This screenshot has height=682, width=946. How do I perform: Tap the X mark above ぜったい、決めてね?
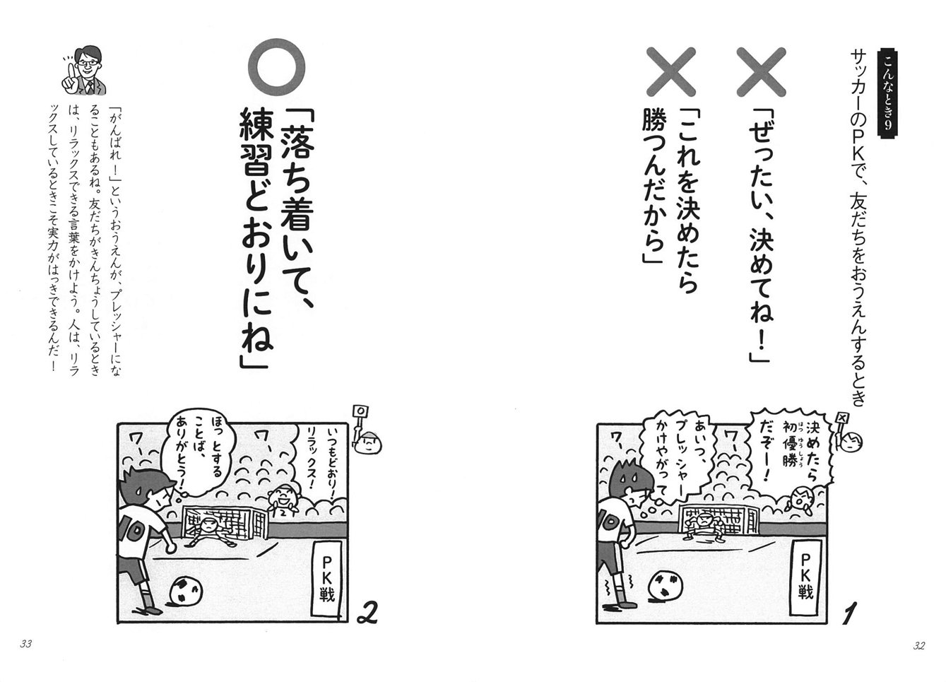[762, 72]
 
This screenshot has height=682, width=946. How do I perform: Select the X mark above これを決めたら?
[672, 72]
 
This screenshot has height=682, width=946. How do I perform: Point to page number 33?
[26, 644]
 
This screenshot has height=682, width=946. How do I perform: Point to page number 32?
[918, 644]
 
